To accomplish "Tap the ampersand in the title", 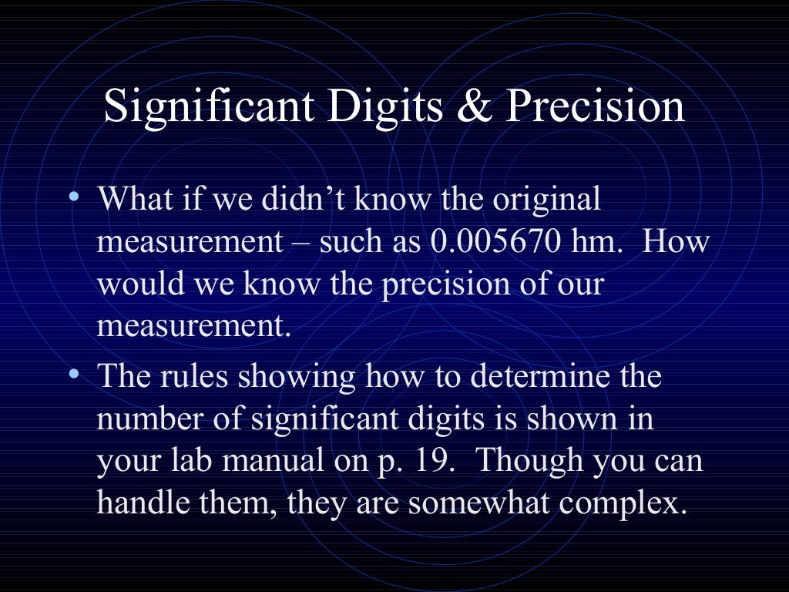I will (474, 107).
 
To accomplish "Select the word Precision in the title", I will (594, 107).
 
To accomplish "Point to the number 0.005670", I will (495, 242).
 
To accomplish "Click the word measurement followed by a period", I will (194, 326).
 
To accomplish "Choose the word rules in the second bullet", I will (194, 378).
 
